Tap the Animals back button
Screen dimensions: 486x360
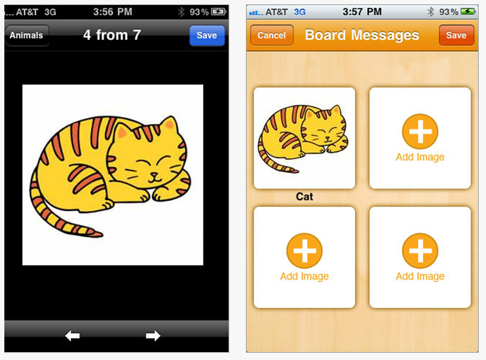tap(27, 35)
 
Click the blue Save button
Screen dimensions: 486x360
tap(207, 35)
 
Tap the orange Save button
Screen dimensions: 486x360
tap(456, 35)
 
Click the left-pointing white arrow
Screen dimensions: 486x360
tap(72, 335)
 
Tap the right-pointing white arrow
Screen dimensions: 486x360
tap(153, 335)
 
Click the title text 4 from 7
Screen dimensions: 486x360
tap(112, 35)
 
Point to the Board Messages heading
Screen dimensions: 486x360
tap(362, 35)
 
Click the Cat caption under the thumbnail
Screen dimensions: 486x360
tap(304, 197)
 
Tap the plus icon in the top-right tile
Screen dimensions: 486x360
tap(420, 132)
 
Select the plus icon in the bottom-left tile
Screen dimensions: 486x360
tap(304, 251)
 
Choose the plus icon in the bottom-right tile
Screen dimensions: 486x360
tap(420, 251)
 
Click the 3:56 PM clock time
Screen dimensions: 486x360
tap(113, 12)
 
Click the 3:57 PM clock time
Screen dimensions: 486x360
tap(362, 12)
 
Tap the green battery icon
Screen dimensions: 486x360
tap(468, 12)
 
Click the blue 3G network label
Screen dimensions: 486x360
tap(299, 12)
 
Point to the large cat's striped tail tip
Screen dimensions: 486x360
tap(98, 234)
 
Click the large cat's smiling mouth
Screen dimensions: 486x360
tap(155, 178)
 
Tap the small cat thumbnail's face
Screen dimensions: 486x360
tap(324, 130)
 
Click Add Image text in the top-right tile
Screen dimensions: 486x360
tap(420, 157)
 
